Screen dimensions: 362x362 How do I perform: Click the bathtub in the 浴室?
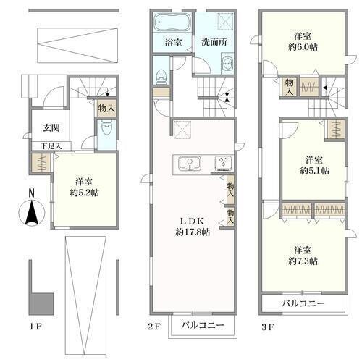tap(172, 23)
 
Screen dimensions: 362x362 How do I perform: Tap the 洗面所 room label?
tap(214, 42)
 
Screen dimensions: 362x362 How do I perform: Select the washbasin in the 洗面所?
tap(227, 64)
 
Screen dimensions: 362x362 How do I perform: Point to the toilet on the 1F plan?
tap(106, 129)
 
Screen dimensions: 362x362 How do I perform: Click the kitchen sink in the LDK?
tap(190, 164)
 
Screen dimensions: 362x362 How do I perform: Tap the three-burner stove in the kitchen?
tap(224, 163)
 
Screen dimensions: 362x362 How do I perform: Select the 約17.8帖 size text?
tap(193, 232)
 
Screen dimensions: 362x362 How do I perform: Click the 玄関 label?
tap(51, 127)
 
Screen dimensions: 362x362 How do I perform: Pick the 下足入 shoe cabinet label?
tap(51, 146)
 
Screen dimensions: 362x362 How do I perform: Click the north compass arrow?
tap(32, 212)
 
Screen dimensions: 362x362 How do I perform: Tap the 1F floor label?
tap(36, 327)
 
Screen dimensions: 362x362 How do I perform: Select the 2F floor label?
tap(154, 327)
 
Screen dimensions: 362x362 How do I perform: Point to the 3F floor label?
tap(268, 327)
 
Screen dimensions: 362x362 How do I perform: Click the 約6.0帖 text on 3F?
tap(303, 47)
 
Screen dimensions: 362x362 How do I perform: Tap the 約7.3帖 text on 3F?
tap(303, 261)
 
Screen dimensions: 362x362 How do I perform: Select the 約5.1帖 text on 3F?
tap(314, 171)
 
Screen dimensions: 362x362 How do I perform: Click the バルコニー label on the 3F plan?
tap(303, 303)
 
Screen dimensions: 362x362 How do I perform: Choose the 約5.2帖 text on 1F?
tap(84, 193)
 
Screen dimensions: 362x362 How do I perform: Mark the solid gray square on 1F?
tap(41, 304)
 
